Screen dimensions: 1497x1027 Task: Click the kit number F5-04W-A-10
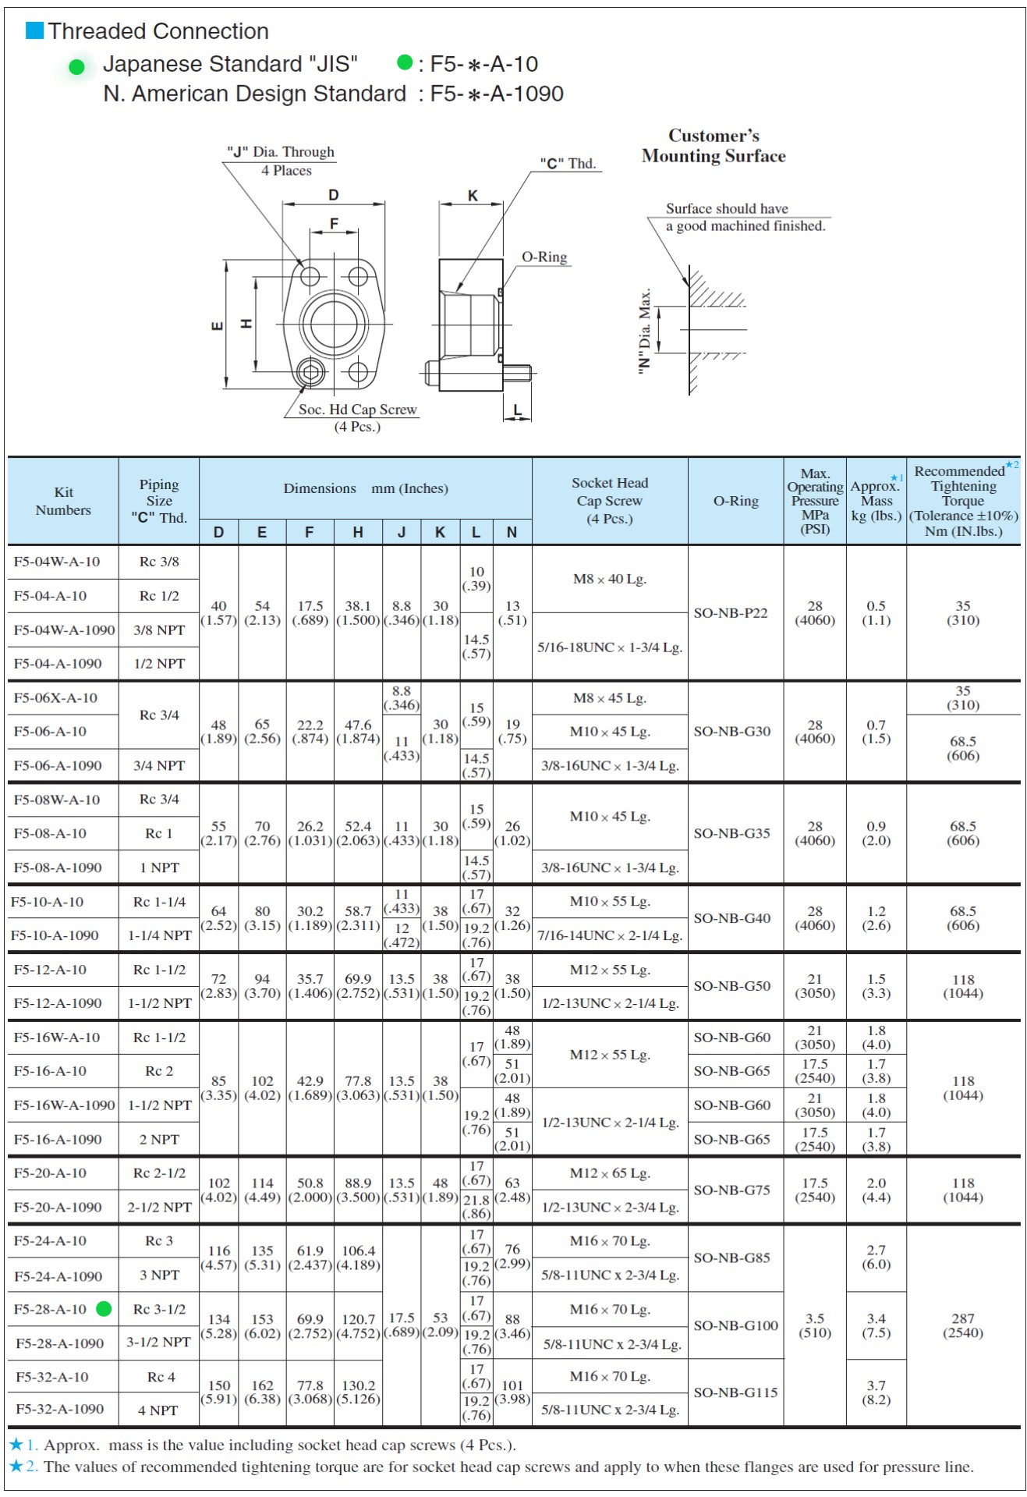57,562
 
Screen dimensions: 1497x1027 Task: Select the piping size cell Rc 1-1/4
159,902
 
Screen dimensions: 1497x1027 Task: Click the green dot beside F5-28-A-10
104,1309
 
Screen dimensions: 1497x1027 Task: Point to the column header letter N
512,532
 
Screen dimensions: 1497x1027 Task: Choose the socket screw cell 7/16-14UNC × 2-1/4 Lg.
610,935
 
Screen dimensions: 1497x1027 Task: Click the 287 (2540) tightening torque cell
963,1325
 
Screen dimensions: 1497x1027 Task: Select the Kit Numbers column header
63,501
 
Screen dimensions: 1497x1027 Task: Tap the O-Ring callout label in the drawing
544,257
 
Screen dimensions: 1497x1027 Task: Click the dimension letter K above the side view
473,196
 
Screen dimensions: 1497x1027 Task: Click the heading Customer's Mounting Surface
714,146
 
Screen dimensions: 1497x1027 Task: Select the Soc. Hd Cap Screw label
358,410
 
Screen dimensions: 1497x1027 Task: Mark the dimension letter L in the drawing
518,410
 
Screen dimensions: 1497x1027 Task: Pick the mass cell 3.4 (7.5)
876,1325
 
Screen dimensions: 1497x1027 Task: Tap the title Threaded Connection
158,31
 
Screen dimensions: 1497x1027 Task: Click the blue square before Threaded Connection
34,30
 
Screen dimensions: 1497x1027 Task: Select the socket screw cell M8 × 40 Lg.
610,579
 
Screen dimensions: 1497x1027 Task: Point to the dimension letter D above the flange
333,195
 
